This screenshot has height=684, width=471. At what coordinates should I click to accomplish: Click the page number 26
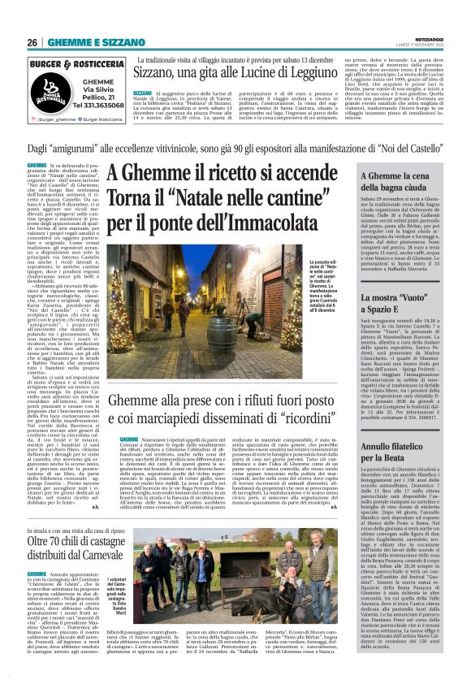click(x=32, y=42)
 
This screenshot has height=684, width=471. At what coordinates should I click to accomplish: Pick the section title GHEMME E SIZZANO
click(x=97, y=42)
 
